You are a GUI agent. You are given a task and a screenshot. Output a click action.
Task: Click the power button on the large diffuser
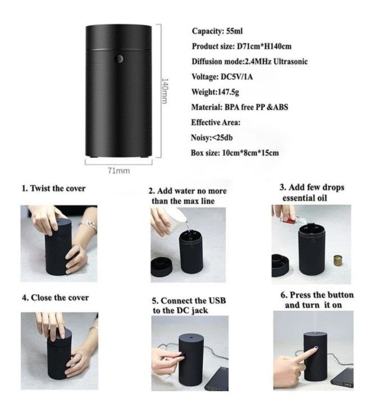click(x=119, y=59)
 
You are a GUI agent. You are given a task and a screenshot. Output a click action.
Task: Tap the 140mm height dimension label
click(x=165, y=91)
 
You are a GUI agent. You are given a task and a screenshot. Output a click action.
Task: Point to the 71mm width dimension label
click(x=119, y=171)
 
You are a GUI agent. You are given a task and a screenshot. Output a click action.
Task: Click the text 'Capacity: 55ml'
click(x=217, y=31)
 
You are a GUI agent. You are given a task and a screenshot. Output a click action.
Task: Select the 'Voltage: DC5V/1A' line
click(x=222, y=76)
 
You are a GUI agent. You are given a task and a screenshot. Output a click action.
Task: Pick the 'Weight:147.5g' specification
click(x=215, y=91)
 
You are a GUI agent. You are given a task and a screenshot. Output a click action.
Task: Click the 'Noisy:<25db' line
click(x=212, y=138)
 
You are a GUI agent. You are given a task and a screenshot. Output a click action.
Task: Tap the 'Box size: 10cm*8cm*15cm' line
click(x=235, y=153)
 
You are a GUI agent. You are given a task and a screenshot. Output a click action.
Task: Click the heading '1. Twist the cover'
click(x=53, y=189)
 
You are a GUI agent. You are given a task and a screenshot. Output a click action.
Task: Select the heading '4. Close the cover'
click(x=55, y=297)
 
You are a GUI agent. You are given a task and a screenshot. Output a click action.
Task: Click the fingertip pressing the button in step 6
click(x=315, y=349)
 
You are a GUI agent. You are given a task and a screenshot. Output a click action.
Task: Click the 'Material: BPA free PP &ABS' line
click(x=239, y=107)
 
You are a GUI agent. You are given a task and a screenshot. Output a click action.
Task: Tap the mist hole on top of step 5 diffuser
click(x=191, y=337)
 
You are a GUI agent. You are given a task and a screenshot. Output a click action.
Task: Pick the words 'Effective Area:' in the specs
click(x=216, y=122)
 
